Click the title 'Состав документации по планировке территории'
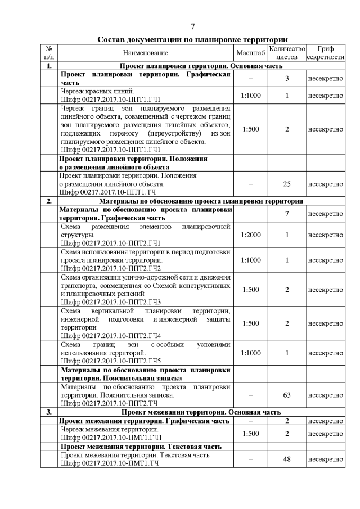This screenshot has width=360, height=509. coord(192,39)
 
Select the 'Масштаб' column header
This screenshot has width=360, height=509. coord(250,53)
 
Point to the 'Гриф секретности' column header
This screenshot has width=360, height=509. coord(325,53)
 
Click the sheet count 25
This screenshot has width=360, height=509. coord(286,184)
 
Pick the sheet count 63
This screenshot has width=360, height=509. coord(286,395)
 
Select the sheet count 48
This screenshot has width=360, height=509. coord(286,459)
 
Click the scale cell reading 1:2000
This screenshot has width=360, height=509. coord(250,235)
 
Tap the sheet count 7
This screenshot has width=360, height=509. coord(286,214)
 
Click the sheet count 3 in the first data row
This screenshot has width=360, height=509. coord(286,79)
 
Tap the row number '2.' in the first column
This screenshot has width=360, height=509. coord(49,201)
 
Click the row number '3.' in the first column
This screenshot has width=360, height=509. coord(49,412)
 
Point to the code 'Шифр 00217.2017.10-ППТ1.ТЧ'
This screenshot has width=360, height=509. coord(108,192)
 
